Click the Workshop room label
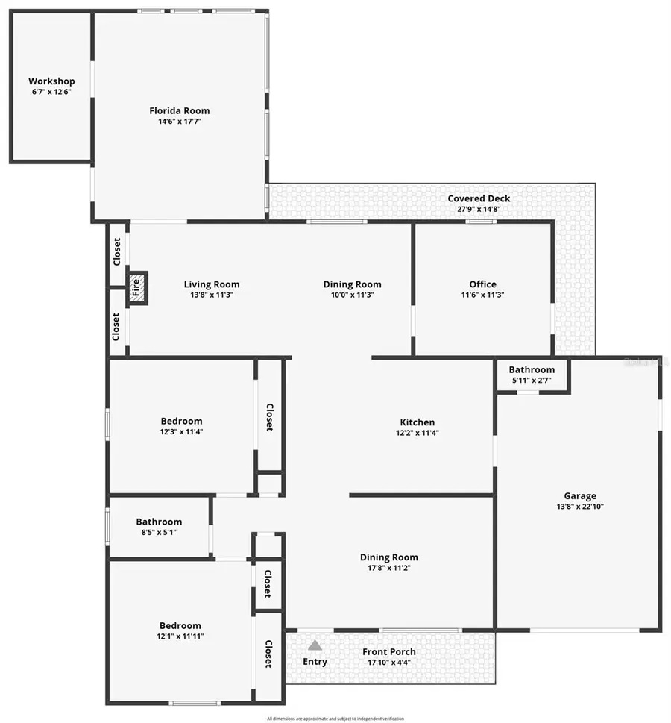(x=51, y=81)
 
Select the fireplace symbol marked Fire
(x=136, y=288)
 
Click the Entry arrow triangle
(x=315, y=645)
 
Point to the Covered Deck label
(x=479, y=198)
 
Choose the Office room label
(x=482, y=284)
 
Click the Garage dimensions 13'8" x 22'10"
(x=579, y=507)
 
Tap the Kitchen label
(x=416, y=422)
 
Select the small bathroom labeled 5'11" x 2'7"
(x=532, y=375)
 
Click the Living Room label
(x=212, y=284)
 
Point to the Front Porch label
(x=389, y=652)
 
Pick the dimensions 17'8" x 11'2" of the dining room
(x=388, y=568)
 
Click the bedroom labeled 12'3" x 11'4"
(x=181, y=426)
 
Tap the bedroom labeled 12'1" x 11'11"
(x=180, y=631)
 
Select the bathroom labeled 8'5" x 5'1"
(x=159, y=527)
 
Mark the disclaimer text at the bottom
(x=335, y=719)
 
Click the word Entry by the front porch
(x=315, y=662)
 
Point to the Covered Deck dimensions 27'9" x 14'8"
(x=478, y=209)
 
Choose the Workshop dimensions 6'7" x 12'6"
(x=51, y=92)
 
